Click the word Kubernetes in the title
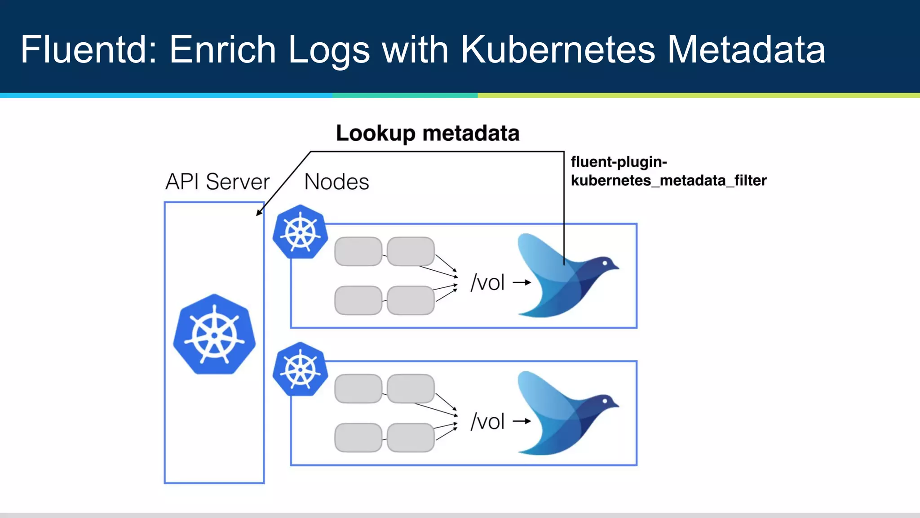(557, 49)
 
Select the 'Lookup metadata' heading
(427, 134)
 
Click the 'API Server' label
(217, 182)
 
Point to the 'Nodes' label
(336, 182)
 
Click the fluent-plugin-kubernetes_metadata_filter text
(668, 171)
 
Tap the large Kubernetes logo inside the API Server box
(214, 335)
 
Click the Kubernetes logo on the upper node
(300, 232)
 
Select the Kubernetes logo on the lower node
(300, 369)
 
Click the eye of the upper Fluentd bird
(605, 263)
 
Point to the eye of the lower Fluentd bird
(605, 401)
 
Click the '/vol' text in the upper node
(487, 283)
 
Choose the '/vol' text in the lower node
(487, 422)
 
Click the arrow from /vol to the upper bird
(522, 283)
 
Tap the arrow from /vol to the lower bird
(522, 421)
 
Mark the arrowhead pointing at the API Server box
(259, 213)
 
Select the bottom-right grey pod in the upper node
(410, 300)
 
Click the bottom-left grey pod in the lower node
(358, 438)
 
